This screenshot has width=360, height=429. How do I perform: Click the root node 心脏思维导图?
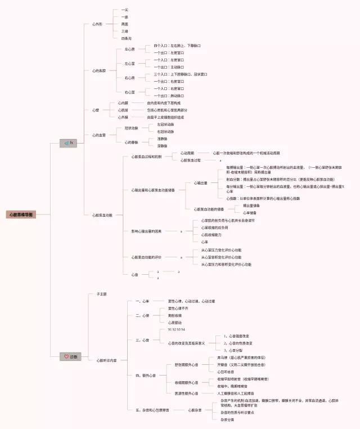[x=21, y=214]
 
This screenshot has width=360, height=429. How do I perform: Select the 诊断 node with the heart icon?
[x=71, y=356]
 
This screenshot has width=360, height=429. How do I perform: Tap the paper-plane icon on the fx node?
[x=66, y=143]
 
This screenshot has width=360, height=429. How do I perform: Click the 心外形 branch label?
[x=98, y=25]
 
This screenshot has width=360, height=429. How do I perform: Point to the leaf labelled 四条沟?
[x=126, y=38]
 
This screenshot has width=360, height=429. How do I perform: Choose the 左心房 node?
[x=130, y=50]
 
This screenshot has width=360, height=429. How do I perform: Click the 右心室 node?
[x=130, y=92]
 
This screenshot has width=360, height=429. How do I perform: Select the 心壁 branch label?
[x=95, y=110]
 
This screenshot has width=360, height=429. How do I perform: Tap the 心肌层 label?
[x=123, y=110]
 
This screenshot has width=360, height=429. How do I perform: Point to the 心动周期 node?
[x=187, y=153]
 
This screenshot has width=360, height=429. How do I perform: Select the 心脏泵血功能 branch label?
[x=103, y=215]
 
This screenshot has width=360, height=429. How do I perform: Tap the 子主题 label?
[x=102, y=294]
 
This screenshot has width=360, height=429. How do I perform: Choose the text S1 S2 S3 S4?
[x=176, y=329]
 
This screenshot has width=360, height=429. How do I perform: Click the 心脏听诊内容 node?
[x=107, y=360]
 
